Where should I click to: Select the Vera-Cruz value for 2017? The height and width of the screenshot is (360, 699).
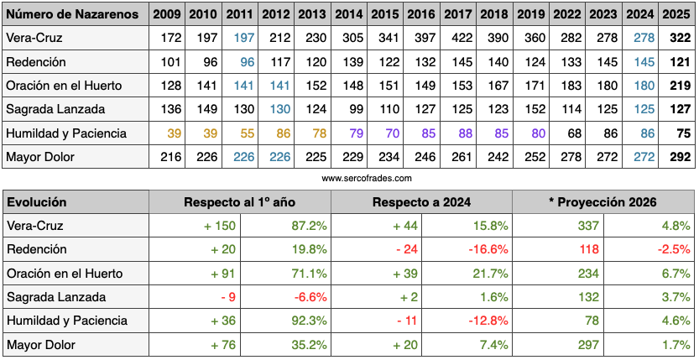click(456, 39)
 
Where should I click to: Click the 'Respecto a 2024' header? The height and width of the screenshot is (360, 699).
click(422, 202)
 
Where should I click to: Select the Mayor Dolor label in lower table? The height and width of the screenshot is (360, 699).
click(40, 345)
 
